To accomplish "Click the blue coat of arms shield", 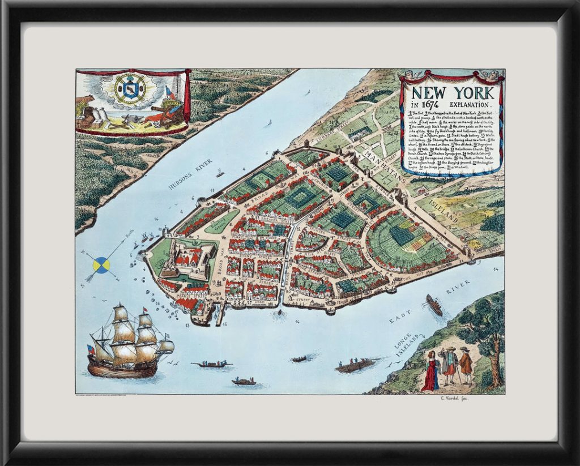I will [130, 89].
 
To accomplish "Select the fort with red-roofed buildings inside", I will [184, 260].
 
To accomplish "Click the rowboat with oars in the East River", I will [356, 365].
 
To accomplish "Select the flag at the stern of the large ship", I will [91, 349].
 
